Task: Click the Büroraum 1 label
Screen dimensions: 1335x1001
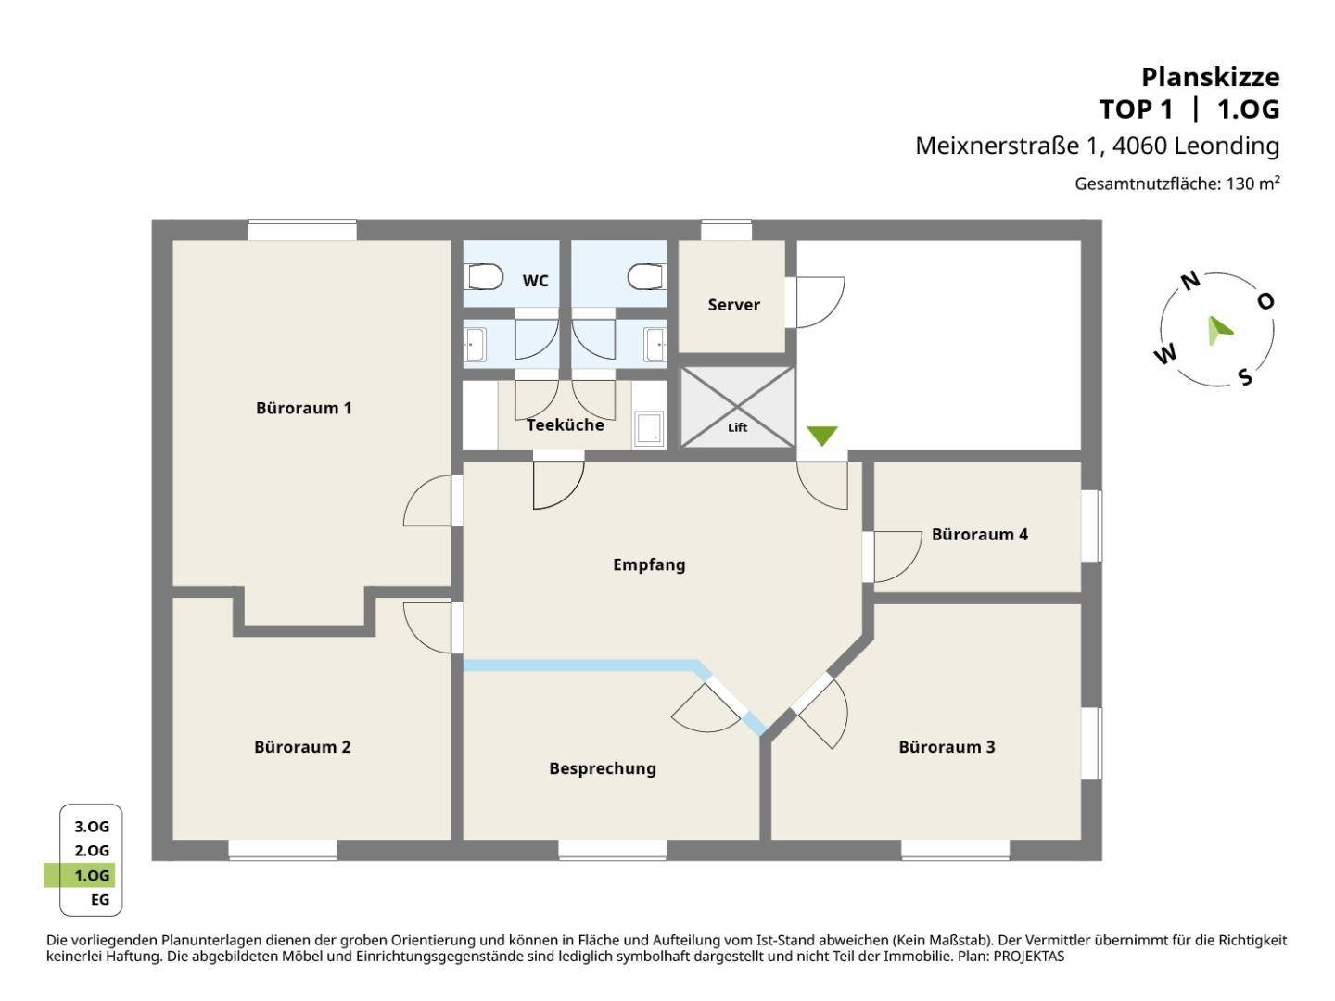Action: pos(303,408)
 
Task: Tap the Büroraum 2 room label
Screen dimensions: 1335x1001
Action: pos(302,747)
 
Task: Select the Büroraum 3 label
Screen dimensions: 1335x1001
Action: pos(947,747)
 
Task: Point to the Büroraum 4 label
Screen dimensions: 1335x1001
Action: pos(979,534)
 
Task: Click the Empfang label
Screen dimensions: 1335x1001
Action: pos(649,565)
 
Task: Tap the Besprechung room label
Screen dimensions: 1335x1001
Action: pos(602,769)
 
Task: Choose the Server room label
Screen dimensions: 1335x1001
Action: pos(733,305)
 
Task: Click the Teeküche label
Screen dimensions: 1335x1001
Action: pos(565,424)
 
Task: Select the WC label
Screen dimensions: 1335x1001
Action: pos(535,281)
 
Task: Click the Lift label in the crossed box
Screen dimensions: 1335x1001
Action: pos(737,427)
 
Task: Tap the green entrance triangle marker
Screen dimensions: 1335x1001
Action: pos(821,436)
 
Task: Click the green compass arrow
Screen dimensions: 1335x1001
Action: pos(1219,331)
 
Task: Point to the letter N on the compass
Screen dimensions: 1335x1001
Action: pos(1190,281)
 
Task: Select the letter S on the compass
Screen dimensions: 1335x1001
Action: pos(1245,377)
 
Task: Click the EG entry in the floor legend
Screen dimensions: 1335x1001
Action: pos(100,899)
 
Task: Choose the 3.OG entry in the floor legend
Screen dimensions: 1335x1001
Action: pos(92,827)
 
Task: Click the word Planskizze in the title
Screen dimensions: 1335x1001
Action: pos(1211,77)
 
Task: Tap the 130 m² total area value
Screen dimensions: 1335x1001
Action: pos(1252,184)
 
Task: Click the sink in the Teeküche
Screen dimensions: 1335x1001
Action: pos(649,428)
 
